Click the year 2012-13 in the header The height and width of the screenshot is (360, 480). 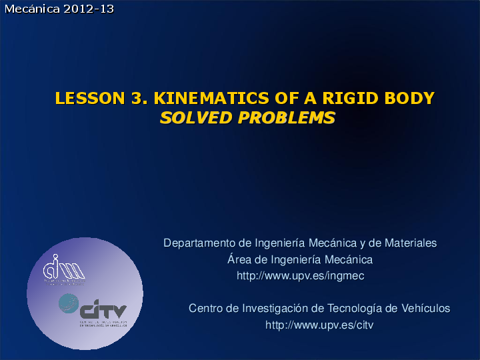88,9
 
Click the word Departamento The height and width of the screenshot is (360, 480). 199,243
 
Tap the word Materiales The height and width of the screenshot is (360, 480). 409,243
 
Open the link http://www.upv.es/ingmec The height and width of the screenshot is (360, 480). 300,275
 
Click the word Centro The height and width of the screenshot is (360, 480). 206,309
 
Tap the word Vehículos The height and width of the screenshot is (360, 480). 425,309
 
